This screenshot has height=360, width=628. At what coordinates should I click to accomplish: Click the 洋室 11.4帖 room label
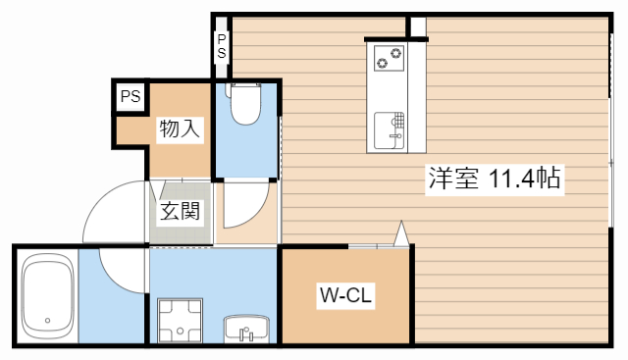(494, 180)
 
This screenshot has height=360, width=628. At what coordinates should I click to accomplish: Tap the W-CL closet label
(343, 295)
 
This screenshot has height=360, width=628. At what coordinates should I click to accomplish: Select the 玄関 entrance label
(181, 210)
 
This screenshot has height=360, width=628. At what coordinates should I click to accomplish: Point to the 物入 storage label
(180, 129)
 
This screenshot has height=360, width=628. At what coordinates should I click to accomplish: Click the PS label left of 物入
(130, 96)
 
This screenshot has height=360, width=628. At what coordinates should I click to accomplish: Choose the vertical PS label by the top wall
(222, 46)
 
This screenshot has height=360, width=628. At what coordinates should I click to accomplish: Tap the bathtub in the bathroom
(47, 294)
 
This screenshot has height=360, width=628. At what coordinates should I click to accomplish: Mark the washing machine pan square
(179, 320)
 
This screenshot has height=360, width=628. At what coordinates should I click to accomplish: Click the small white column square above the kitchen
(417, 26)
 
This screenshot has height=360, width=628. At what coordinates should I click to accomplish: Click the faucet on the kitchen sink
(399, 122)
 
